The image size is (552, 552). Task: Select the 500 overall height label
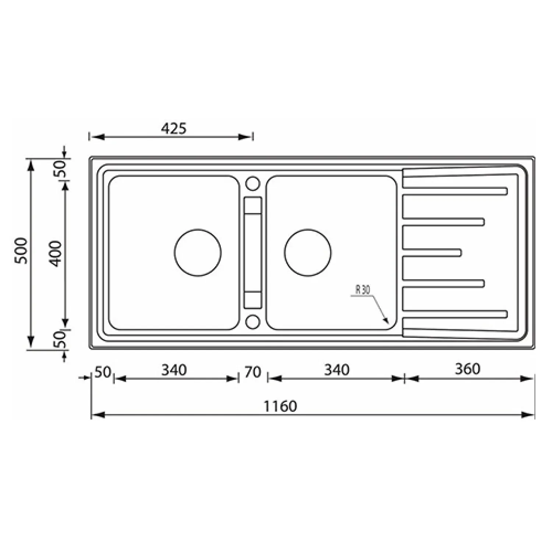(21, 251)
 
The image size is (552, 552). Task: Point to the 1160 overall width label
(280, 406)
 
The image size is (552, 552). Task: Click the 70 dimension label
(252, 372)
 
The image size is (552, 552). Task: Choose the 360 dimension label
(467, 369)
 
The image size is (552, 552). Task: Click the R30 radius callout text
(362, 290)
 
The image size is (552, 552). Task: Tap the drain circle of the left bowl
(198, 253)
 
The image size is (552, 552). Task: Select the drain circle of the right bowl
(308, 253)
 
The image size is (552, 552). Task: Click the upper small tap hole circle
(252, 183)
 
